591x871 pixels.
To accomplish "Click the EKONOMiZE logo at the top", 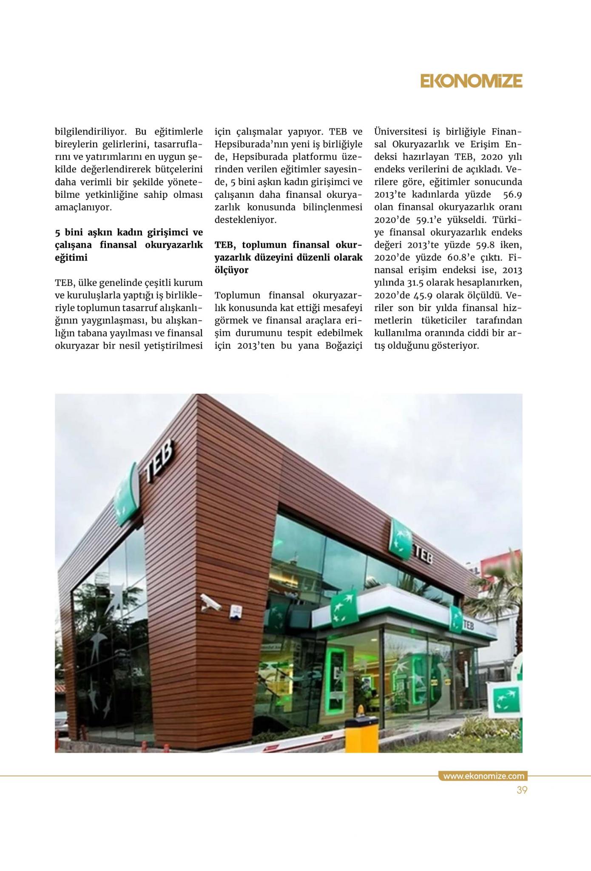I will tap(471, 81).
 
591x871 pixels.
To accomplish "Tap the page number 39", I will tap(522, 790).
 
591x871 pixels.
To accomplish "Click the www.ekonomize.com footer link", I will tap(483, 776).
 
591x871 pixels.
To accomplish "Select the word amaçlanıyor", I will tap(83, 208).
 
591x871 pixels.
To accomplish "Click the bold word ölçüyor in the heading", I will tap(232, 270).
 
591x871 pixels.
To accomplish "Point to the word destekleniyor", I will tap(246, 220).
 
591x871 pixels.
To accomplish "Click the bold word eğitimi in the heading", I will tap(71, 258).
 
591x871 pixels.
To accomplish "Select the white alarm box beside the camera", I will tap(235, 611).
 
